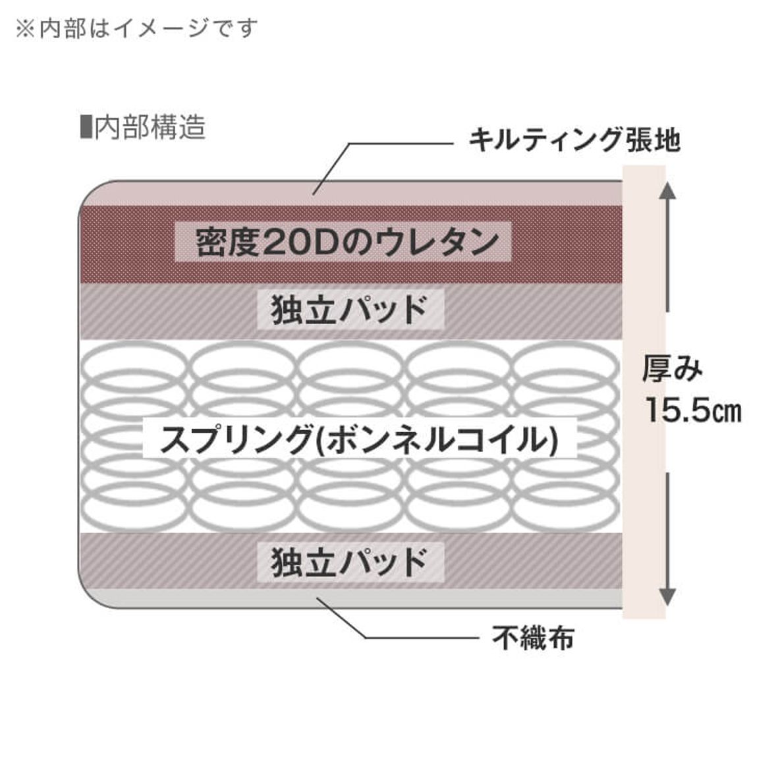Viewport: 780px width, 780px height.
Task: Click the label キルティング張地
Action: click(573, 140)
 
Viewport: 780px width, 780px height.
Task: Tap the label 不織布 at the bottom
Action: click(533, 637)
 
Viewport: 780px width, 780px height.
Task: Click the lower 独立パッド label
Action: click(350, 562)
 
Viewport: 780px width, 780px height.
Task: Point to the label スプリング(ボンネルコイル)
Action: click(360, 439)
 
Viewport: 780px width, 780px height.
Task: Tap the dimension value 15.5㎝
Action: click(692, 410)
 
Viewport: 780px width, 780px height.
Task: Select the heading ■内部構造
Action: click(142, 127)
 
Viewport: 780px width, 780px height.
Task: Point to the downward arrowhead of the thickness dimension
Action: click(667, 596)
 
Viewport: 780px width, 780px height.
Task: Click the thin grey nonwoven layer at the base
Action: click(198, 597)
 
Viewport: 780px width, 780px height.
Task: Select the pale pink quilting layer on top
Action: click(198, 194)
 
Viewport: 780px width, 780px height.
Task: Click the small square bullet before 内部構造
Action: click(84, 127)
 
